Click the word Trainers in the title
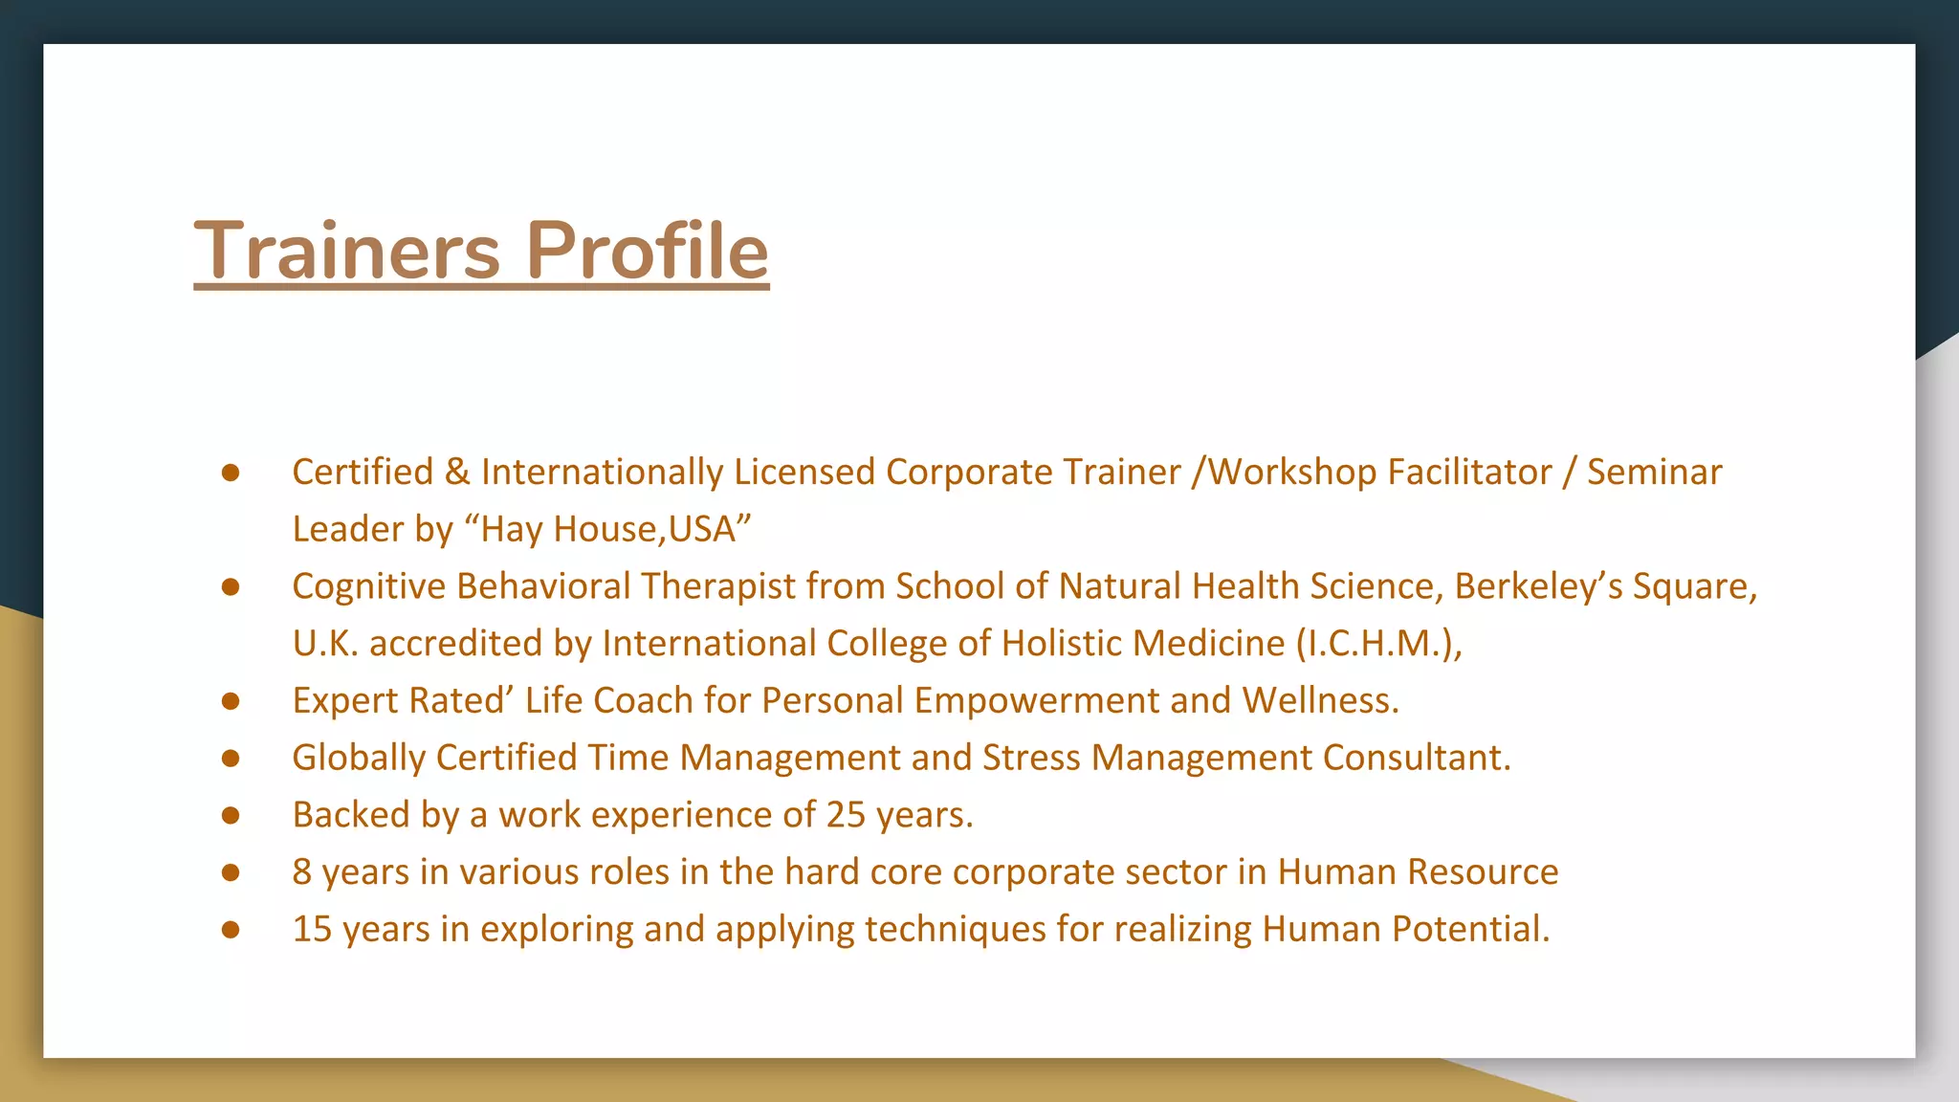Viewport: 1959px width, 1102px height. [x=346, y=251]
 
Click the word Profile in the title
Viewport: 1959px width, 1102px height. [x=647, y=251]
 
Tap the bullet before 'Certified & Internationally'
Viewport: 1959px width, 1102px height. [x=230, y=473]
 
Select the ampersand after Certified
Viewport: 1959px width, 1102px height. [x=457, y=473]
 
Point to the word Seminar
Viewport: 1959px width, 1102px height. [x=1654, y=473]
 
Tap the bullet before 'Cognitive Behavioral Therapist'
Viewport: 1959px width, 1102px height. [x=230, y=586]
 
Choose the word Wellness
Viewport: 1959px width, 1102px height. [x=1320, y=701]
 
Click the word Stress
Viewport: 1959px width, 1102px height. [x=1031, y=758]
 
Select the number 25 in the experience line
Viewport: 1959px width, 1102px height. [x=846, y=815]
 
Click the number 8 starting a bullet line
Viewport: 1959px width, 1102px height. [x=302, y=872]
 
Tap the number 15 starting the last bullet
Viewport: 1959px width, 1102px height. [x=312, y=930]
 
